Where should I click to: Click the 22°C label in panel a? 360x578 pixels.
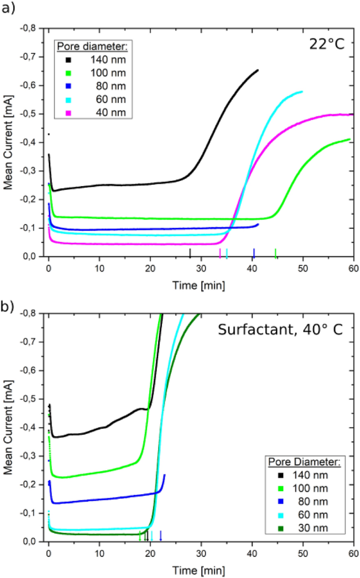pyautogui.click(x=326, y=43)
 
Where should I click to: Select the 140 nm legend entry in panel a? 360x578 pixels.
pyautogui.click(x=95, y=58)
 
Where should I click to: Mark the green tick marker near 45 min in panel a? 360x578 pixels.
pyautogui.click(x=275, y=253)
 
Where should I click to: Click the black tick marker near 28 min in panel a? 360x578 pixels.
pyautogui.click(x=190, y=253)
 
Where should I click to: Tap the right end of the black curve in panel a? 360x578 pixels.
pyautogui.click(x=258, y=70)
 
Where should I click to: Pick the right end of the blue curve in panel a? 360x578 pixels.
pyautogui.click(x=258, y=225)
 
